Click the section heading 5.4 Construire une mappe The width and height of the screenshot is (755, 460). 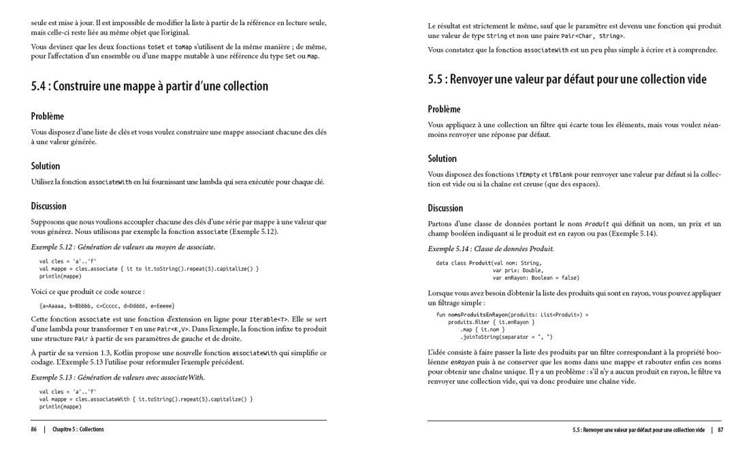coord(150,86)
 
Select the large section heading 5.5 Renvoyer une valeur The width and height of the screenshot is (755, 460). coord(567,80)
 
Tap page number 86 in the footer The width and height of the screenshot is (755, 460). coord(33,429)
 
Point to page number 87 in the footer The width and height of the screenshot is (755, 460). coord(720,430)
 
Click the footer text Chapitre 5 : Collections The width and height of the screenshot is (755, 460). coord(78,429)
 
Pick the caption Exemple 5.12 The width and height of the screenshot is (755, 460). coord(123,247)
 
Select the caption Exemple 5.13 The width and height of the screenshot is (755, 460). coord(118,377)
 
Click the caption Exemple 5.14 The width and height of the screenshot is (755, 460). coord(490,249)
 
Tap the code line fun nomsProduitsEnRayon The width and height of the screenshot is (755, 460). coord(512,314)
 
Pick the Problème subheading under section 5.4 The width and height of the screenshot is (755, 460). coord(48,116)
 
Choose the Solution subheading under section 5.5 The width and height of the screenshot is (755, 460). coord(442,159)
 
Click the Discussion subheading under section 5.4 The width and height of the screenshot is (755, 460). coord(48,206)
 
